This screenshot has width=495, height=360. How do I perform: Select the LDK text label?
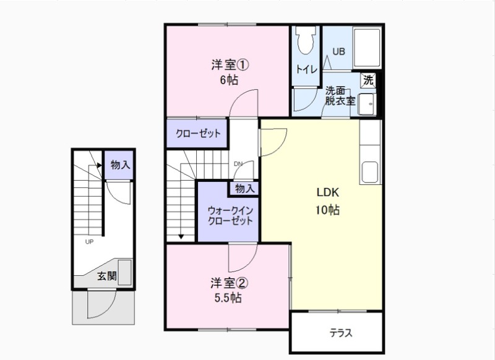click(x=327, y=192)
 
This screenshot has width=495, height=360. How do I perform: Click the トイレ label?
click(x=306, y=69)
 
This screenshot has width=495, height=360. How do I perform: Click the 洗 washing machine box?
click(x=368, y=80)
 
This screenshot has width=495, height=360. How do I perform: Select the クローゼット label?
click(x=197, y=134)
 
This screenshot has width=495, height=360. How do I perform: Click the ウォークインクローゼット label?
click(x=230, y=215)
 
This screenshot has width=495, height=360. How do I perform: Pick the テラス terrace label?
click(x=340, y=333)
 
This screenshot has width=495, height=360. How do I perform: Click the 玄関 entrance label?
click(x=106, y=276)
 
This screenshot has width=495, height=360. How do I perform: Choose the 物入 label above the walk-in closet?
click(x=244, y=188)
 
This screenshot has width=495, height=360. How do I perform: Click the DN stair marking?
click(x=238, y=164)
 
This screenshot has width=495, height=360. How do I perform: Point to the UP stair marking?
click(x=90, y=241)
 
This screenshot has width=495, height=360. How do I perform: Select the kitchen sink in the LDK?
click(x=371, y=173)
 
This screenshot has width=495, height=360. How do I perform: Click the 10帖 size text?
click(x=327, y=210)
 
